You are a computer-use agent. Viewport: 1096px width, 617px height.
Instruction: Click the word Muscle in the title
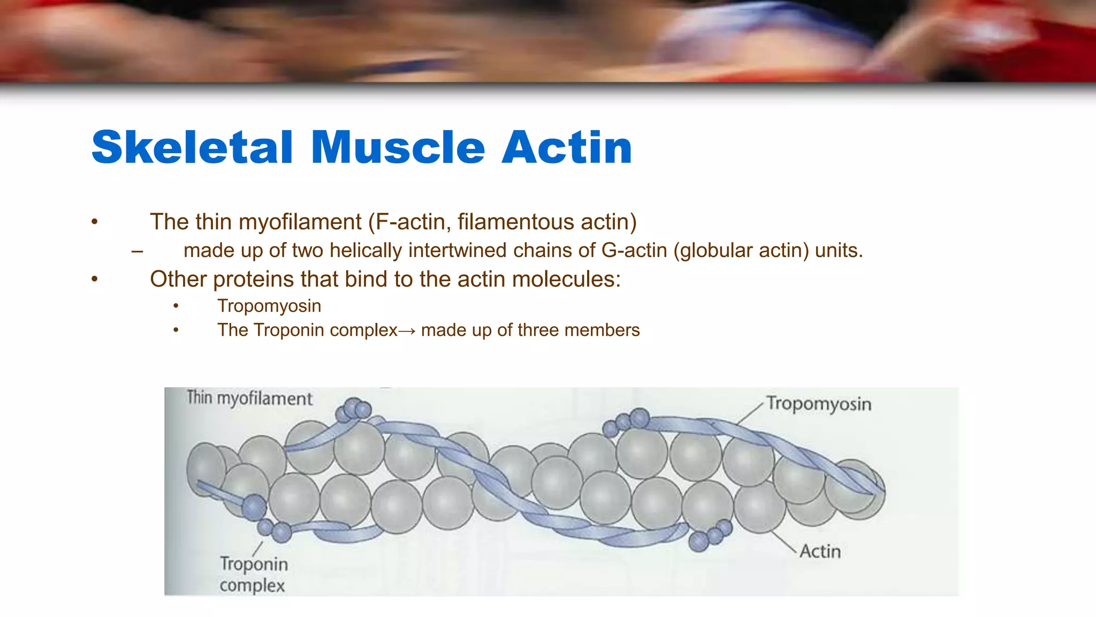398,147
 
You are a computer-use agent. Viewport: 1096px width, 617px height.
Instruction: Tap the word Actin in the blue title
567,147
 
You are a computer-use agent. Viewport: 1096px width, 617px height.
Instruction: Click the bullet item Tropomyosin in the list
269,306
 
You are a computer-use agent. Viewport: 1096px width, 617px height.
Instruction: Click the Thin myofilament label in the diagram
249,398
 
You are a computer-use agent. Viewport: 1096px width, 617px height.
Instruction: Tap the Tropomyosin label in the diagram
818,403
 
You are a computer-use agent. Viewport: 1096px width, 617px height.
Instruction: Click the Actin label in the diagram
820,551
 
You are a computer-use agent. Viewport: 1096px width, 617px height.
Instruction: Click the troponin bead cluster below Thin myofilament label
353,411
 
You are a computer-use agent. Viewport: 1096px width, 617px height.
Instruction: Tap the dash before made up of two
137,251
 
